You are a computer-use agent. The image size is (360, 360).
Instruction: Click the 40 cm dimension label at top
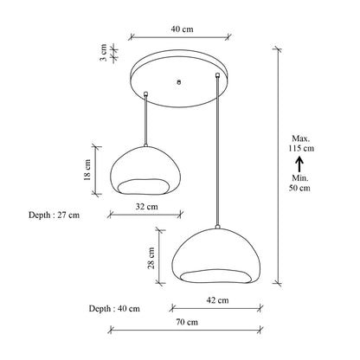[x=182, y=29]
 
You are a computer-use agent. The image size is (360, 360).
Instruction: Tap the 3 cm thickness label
[x=103, y=53]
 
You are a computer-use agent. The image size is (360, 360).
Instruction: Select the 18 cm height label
[x=87, y=170]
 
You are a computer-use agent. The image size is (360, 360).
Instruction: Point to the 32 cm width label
[x=147, y=207]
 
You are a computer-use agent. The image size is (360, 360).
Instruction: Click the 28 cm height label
[x=151, y=258]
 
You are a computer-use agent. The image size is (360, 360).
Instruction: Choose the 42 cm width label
[x=217, y=300]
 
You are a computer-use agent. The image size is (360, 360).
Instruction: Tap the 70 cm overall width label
[x=187, y=322]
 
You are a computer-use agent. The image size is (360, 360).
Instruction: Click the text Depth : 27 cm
[x=54, y=215]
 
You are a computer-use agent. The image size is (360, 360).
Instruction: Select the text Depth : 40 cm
[x=114, y=309]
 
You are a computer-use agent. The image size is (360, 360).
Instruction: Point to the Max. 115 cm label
[x=301, y=144]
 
